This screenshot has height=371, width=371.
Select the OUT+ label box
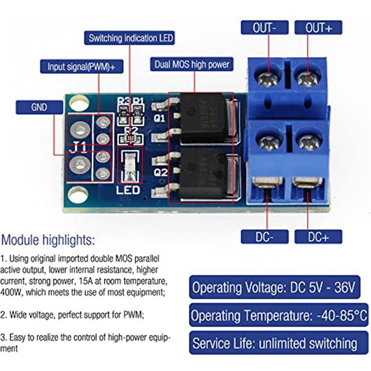click(x=318, y=28)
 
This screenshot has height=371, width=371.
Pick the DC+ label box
click(x=318, y=237)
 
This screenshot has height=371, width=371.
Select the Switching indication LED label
click(x=131, y=38)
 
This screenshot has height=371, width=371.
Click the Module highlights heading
click(x=48, y=240)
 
